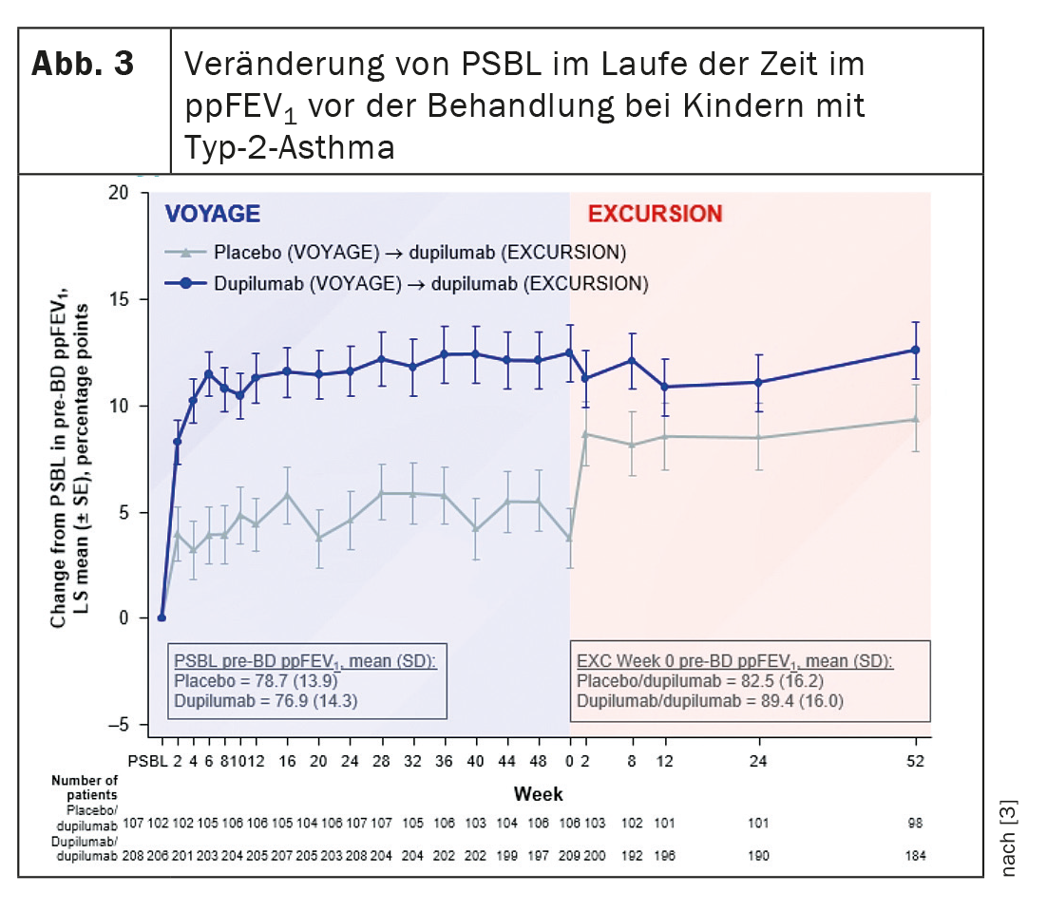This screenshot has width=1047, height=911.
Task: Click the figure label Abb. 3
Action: (x=83, y=65)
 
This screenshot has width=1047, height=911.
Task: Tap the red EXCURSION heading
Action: (x=655, y=214)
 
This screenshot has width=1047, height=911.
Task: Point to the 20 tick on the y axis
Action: (x=118, y=193)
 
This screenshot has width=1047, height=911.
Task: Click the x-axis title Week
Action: (x=539, y=792)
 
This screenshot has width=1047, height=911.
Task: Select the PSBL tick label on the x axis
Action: (x=147, y=761)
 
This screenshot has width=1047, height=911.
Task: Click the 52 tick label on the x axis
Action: (x=915, y=761)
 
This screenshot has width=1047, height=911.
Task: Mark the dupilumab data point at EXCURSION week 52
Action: (x=915, y=350)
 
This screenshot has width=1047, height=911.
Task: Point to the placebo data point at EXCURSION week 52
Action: (x=915, y=419)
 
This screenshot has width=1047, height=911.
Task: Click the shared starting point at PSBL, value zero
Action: (x=162, y=617)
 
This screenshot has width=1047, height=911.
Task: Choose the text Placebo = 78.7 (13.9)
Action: (x=256, y=680)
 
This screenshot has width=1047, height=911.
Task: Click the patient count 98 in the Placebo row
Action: (x=915, y=823)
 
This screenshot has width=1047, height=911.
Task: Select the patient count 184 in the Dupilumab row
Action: (x=915, y=856)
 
